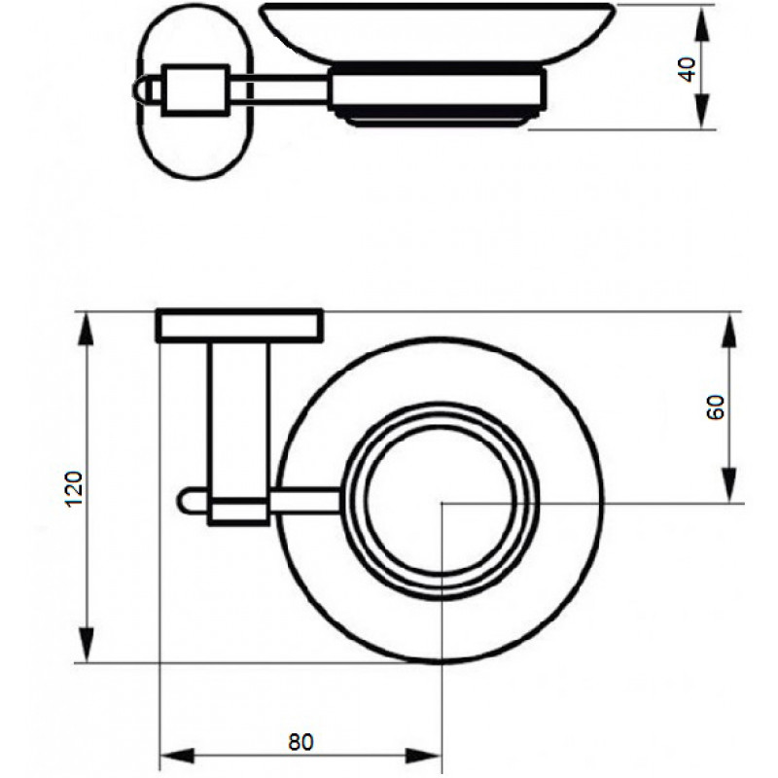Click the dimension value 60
pyautogui.click(x=716, y=407)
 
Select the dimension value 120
pyautogui.click(x=74, y=488)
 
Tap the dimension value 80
pyautogui.click(x=301, y=741)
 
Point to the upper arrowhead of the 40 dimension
pyautogui.click(x=700, y=23)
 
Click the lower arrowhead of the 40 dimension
pyautogui.click(x=700, y=112)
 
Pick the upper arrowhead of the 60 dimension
pyautogui.click(x=730, y=330)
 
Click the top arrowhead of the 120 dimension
pyautogui.click(x=87, y=330)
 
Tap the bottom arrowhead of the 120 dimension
pyautogui.click(x=87, y=645)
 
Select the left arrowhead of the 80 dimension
pyautogui.click(x=177, y=757)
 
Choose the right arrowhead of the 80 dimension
pyautogui.click(x=423, y=757)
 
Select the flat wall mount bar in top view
pyautogui.click(x=239, y=326)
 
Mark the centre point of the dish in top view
pyautogui.click(x=442, y=503)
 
